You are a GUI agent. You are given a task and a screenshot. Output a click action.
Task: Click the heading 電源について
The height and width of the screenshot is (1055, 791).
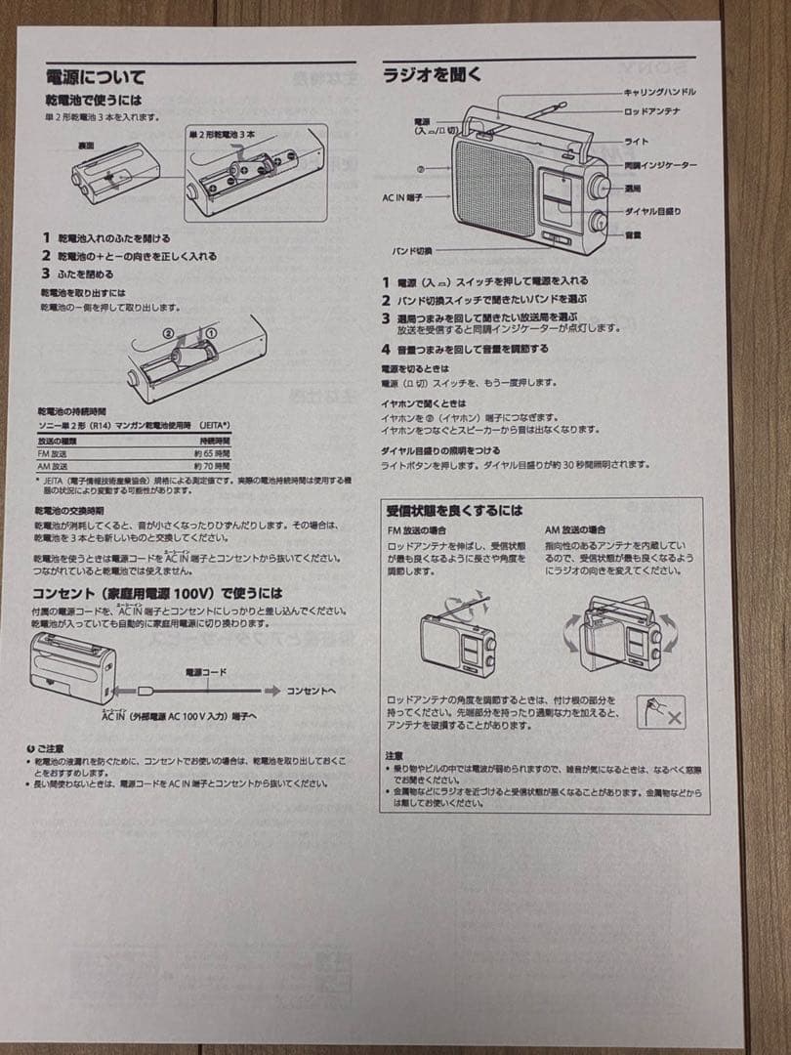tap(95, 76)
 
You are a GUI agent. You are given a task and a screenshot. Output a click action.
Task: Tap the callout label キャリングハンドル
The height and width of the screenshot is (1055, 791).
tap(659, 92)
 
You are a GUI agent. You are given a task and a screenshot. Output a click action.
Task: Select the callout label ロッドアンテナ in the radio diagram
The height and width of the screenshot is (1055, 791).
tap(651, 111)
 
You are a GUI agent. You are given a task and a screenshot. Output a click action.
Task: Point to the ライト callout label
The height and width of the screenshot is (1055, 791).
tap(636, 142)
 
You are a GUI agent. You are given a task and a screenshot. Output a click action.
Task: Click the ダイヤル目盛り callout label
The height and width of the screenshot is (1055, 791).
tap(652, 211)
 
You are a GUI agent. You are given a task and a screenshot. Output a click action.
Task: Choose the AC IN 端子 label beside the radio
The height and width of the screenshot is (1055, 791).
tap(401, 196)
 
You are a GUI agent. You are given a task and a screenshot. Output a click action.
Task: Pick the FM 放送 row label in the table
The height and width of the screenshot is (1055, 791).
tap(54, 453)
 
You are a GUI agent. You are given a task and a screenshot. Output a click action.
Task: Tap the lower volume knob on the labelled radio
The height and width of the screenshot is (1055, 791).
tap(596, 221)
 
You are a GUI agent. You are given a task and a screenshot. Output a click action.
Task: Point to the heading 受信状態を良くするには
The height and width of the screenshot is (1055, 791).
tap(454, 510)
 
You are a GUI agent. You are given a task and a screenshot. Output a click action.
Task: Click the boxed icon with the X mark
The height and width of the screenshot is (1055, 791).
tap(661, 712)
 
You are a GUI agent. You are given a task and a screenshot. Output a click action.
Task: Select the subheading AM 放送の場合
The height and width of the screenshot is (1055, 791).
tap(575, 529)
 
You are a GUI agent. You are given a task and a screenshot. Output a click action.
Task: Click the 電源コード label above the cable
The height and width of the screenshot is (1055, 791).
tap(206, 673)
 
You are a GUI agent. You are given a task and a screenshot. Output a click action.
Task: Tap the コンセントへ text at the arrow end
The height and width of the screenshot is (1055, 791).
tap(311, 691)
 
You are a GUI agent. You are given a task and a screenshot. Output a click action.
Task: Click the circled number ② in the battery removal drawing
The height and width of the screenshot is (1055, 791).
tap(168, 333)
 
